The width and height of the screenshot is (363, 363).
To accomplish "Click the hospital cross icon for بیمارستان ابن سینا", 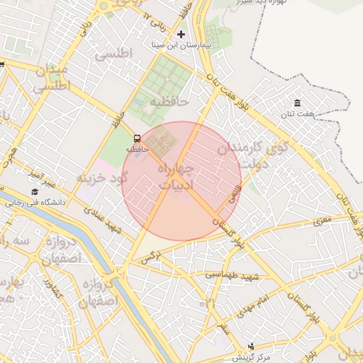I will coord(181,34).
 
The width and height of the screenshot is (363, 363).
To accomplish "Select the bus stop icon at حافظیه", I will coord(137,138).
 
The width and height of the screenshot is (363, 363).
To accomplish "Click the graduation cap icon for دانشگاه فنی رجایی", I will coord(35,191).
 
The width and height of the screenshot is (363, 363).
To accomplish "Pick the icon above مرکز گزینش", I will coord(251,346).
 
